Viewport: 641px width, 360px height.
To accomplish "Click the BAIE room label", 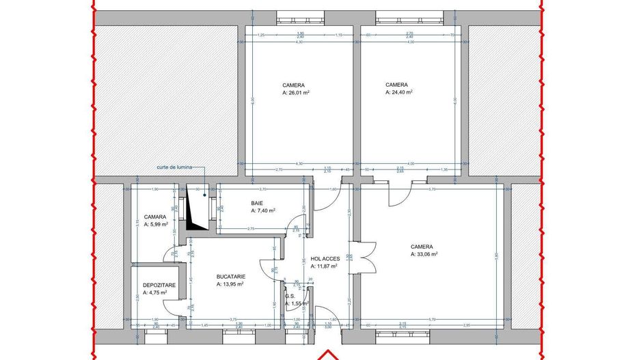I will (257, 204).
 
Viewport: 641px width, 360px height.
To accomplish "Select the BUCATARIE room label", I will (230, 276).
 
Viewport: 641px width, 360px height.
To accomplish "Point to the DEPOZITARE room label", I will (158, 285).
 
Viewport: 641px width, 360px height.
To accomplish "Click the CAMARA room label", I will (154, 217).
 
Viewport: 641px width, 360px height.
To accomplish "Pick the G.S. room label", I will (290, 296).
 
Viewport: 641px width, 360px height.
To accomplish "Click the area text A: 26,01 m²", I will (297, 92).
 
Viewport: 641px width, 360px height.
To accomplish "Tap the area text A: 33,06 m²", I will (424, 253).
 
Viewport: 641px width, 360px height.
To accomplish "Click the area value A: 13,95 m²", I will (230, 283).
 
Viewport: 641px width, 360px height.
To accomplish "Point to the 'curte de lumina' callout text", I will (174, 167).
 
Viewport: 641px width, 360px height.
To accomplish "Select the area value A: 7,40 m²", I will (262, 211).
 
